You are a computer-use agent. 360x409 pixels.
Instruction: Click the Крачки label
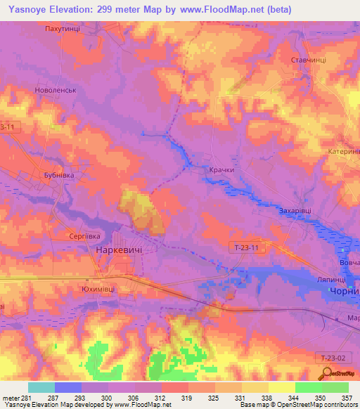coord(220,170)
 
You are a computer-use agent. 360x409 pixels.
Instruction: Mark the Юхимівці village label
coord(98,288)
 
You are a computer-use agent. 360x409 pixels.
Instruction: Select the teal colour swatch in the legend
coord(41,387)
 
